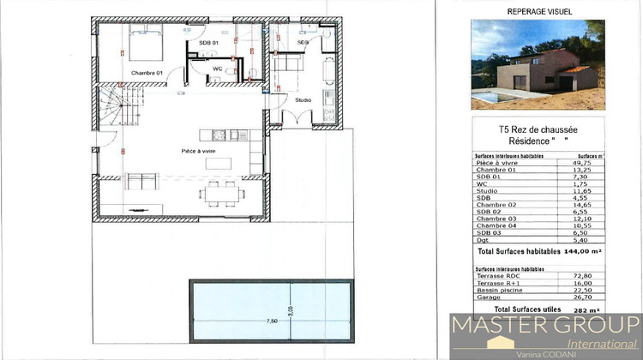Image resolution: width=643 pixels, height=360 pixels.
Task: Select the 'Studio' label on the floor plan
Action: [303, 100]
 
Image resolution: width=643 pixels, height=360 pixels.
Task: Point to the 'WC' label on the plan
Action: [218, 68]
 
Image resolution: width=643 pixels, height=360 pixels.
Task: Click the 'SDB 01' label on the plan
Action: [208, 42]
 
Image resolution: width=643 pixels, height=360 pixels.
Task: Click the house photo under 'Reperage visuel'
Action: [538, 63]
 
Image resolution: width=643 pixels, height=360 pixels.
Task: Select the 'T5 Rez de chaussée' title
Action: [538, 129]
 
